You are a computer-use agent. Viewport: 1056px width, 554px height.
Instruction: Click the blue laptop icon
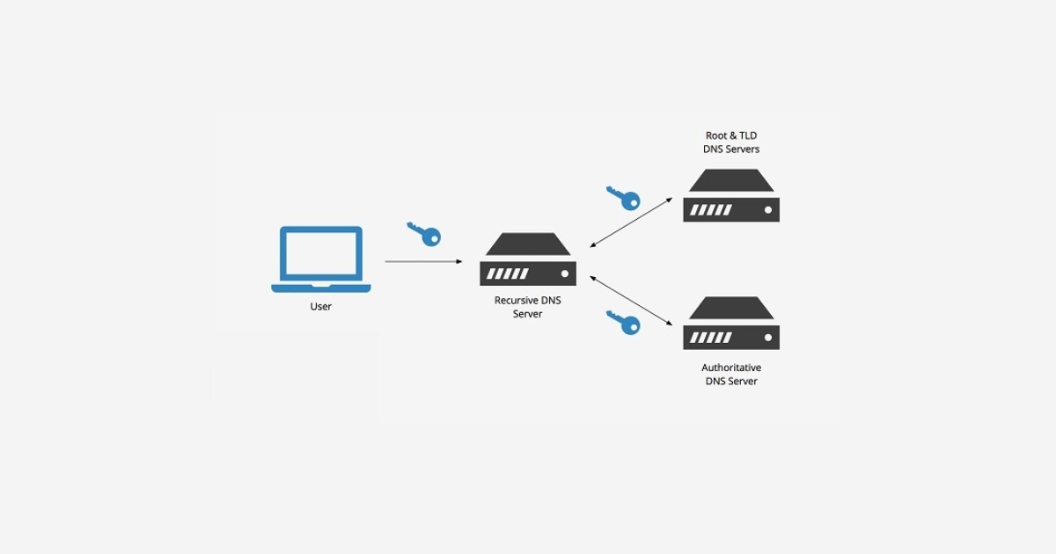click(x=321, y=259)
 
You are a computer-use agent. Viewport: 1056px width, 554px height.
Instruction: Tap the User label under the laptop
click(x=321, y=307)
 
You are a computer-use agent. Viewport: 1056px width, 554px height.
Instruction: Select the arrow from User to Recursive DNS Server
click(x=423, y=261)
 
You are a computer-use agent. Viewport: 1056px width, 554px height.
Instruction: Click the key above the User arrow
click(x=425, y=234)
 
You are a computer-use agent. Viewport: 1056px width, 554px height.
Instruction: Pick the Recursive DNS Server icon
click(x=528, y=259)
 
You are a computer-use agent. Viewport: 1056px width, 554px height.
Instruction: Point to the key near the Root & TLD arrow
click(x=624, y=198)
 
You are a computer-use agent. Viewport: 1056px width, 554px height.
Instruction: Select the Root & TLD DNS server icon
click(x=731, y=195)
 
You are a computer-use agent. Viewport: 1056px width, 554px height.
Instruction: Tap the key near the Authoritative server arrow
click(x=624, y=322)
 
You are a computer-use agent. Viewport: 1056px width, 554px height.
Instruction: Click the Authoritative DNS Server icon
click(x=731, y=324)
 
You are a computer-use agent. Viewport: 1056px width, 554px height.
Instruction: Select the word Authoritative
click(x=731, y=368)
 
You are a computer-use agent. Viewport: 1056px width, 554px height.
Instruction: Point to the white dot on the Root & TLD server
click(x=768, y=210)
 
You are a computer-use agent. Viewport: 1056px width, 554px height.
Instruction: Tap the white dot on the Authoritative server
click(x=768, y=338)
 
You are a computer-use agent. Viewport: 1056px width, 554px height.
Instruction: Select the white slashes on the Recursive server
click(x=509, y=273)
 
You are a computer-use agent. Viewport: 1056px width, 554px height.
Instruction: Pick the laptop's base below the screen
click(x=321, y=288)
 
